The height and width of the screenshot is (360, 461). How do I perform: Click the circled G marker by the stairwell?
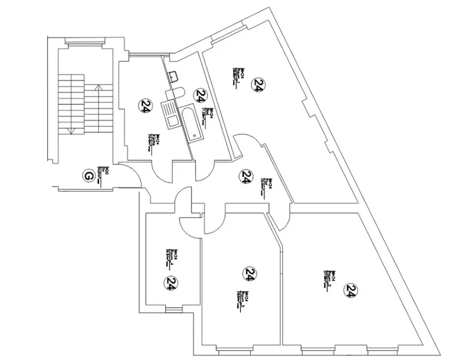pyautogui.click(x=88, y=176)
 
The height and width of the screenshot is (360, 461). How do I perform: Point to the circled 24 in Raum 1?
pyautogui.click(x=258, y=85)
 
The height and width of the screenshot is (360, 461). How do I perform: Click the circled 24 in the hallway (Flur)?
pyautogui.click(x=246, y=176)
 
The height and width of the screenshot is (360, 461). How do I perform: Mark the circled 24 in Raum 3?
pyautogui.click(x=249, y=274)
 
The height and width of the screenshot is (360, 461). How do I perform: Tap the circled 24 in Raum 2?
pyautogui.click(x=351, y=290)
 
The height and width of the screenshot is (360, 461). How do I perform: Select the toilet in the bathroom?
pyautogui.click(x=175, y=93)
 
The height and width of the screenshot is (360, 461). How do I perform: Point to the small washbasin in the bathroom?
pyautogui.click(x=175, y=76)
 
